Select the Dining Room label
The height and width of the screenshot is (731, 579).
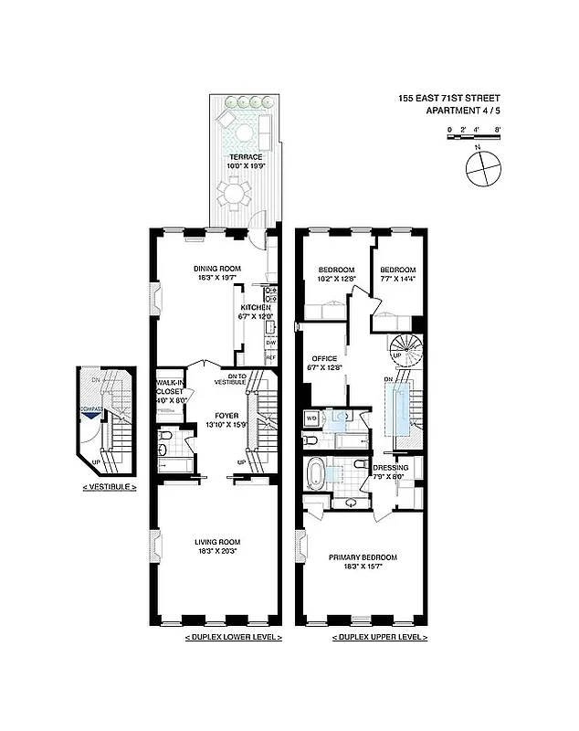[216, 268]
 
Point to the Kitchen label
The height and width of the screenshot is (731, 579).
[256, 308]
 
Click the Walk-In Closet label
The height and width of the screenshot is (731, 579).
[170, 390]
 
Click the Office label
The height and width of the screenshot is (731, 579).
[325, 358]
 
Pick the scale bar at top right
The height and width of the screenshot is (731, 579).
[473, 131]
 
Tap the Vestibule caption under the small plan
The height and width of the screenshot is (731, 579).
[109, 487]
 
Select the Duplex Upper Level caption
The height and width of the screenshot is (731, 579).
[378, 636]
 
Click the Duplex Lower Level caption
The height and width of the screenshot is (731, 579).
[233, 636]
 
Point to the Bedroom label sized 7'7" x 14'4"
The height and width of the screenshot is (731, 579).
[397, 270]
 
